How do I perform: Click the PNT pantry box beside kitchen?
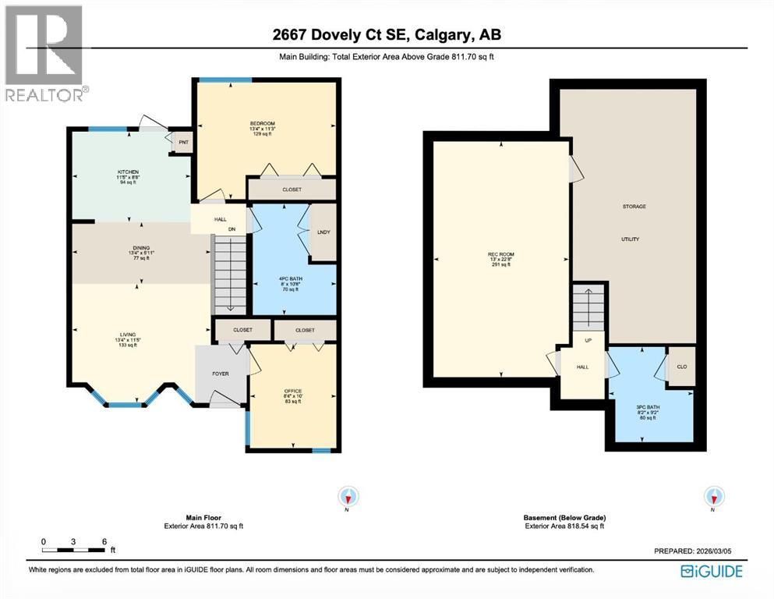pyautogui.click(x=183, y=143)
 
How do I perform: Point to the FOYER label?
pyautogui.click(x=221, y=374)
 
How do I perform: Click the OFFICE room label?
pyautogui.click(x=293, y=391)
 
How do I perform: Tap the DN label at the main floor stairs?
pyautogui.click(x=231, y=229)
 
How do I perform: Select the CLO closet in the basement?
pyautogui.click(x=681, y=366)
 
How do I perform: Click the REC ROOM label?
pyautogui.click(x=500, y=254)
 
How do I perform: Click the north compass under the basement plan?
pyautogui.click(x=713, y=496)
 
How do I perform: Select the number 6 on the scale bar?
pyautogui.click(x=103, y=541)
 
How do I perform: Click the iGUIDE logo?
pyautogui.click(x=712, y=572)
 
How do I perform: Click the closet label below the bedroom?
pyautogui.click(x=292, y=190)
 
